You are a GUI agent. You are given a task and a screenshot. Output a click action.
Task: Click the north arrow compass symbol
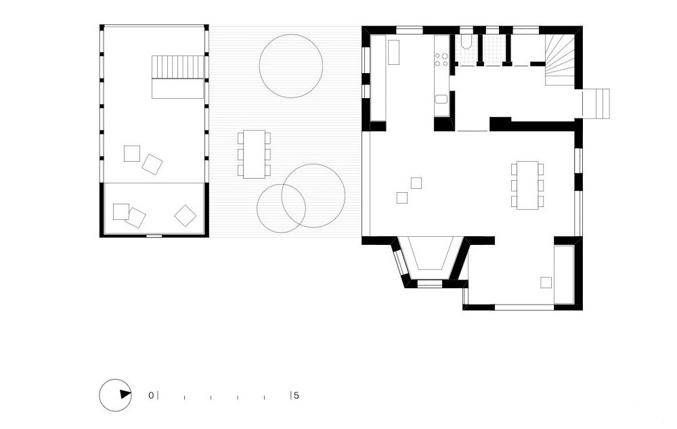(115, 395)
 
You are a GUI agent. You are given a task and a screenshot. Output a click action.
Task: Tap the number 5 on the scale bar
(297, 395)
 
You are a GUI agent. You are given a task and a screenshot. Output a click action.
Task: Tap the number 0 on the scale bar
(151, 395)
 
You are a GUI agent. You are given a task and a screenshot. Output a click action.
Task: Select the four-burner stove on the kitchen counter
(441, 60)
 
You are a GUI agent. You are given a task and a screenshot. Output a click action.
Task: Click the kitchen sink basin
(441, 99)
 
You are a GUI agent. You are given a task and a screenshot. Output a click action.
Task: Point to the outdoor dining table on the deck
(254, 154)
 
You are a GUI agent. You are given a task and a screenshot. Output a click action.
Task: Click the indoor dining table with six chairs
(527, 185)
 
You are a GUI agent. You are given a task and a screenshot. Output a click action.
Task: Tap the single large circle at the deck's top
(291, 66)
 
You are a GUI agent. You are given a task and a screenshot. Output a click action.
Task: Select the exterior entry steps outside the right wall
(596, 104)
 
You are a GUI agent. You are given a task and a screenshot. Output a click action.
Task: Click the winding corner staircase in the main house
(560, 60)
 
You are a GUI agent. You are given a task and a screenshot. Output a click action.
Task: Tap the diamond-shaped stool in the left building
(185, 215)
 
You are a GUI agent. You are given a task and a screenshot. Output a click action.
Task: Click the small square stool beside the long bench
(546, 282)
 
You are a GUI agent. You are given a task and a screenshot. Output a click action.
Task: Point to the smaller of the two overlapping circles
(281, 208)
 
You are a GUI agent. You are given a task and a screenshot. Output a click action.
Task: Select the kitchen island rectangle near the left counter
(393, 52)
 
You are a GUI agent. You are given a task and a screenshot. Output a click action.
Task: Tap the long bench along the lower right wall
(564, 275)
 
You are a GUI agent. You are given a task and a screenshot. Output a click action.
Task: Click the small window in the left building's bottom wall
(154, 235)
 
